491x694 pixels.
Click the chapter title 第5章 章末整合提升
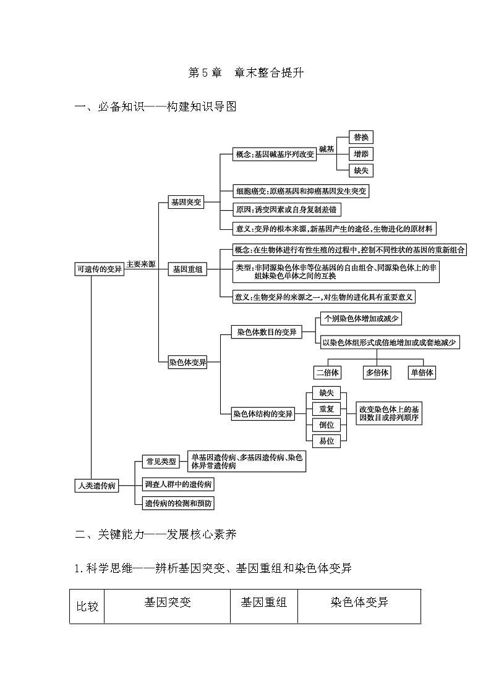coord(245,73)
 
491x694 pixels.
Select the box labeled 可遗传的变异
coord(99,269)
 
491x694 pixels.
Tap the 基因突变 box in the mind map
coord(186,202)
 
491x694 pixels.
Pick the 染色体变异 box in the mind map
coord(188,363)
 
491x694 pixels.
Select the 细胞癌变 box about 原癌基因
coord(301,191)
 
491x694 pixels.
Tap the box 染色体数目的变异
coord(267,332)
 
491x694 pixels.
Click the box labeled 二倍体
coord(328,372)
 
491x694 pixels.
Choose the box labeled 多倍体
coord(377,372)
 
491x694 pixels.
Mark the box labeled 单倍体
coord(422,372)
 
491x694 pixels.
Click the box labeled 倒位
coord(327,425)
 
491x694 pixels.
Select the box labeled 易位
coord(327,441)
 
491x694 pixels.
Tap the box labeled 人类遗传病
coord(96,485)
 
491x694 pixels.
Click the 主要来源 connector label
coord(140,264)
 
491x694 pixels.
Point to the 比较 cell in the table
coord(87,606)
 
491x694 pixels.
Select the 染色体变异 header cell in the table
coord(359,602)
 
